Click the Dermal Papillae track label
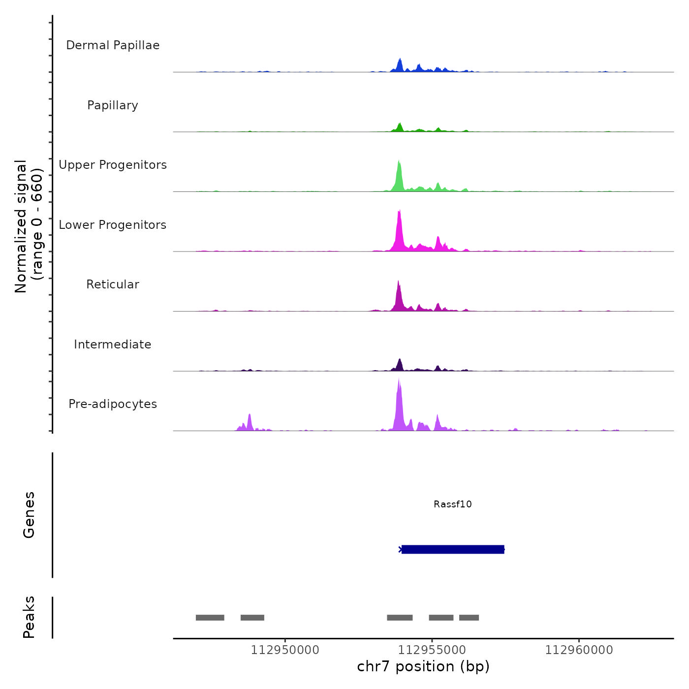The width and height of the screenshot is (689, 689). (x=113, y=45)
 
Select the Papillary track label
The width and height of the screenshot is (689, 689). (x=113, y=105)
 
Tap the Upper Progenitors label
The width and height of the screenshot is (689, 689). (x=113, y=165)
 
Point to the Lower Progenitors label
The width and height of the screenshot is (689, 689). (x=113, y=225)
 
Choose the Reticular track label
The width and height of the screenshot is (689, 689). (x=113, y=284)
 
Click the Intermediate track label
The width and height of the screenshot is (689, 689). (x=113, y=344)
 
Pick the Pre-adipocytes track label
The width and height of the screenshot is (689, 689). (x=113, y=404)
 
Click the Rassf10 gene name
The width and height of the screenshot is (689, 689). (x=453, y=504)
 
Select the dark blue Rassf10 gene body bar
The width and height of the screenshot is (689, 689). (x=453, y=549)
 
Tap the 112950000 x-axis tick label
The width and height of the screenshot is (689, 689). (x=285, y=650)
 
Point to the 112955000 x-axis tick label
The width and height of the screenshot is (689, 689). (x=432, y=650)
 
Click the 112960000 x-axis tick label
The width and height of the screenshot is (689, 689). (x=579, y=650)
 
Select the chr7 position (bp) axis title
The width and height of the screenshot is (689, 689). (x=423, y=666)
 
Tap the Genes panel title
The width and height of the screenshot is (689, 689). (x=29, y=515)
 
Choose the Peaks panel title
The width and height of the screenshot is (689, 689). (x=29, y=617)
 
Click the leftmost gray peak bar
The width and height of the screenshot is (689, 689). (x=210, y=618)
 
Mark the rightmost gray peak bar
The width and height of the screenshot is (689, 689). (x=469, y=618)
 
